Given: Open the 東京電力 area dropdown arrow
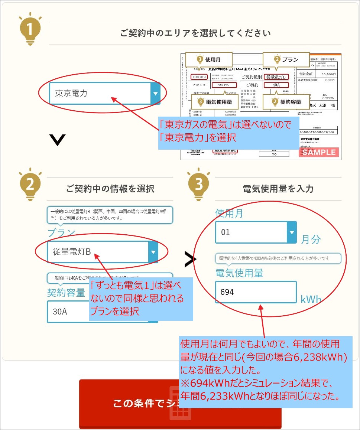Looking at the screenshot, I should click(155, 93).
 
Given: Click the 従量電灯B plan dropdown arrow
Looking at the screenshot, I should click(153, 252).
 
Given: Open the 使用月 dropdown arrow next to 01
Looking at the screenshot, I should click(292, 232).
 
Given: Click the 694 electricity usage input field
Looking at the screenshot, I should click(256, 292).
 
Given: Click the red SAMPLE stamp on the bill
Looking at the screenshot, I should click(319, 152).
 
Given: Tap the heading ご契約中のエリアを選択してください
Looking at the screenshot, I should click(195, 33).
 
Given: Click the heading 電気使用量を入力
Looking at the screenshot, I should click(278, 189).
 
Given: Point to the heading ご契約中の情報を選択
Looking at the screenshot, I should click(110, 189).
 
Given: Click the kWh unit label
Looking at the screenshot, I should click(311, 299).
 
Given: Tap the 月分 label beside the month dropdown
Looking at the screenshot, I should click(310, 239).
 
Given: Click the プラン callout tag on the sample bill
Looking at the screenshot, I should click(286, 59).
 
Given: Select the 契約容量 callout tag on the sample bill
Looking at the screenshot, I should click(286, 101).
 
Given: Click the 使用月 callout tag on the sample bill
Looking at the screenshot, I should click(209, 59).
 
